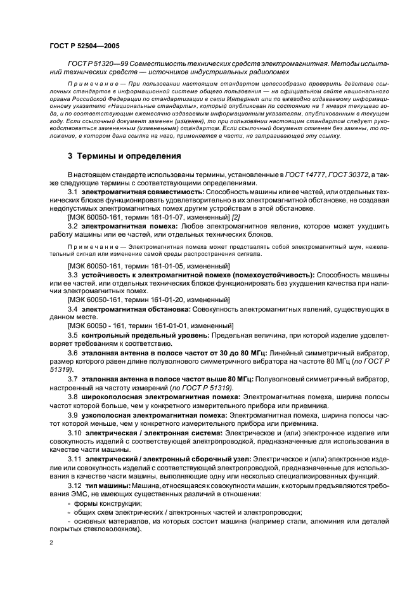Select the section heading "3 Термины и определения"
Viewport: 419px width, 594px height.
(x=124, y=155)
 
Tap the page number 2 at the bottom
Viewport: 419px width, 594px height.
(x=52, y=543)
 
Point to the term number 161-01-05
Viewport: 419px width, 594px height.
(x=167, y=265)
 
